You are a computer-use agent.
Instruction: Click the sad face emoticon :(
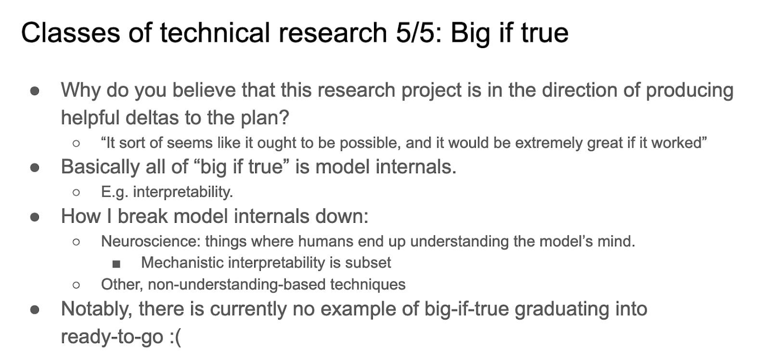[x=175, y=336]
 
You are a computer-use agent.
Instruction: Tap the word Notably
[x=97, y=309]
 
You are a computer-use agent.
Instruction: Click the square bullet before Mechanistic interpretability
[x=116, y=264]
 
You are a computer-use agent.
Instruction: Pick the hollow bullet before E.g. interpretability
[x=77, y=193]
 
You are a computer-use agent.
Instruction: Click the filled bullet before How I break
[x=35, y=217]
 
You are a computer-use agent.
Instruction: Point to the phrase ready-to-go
[x=112, y=336]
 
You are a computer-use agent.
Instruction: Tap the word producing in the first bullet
[x=690, y=90]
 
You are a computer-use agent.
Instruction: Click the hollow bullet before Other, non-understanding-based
[x=77, y=285]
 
